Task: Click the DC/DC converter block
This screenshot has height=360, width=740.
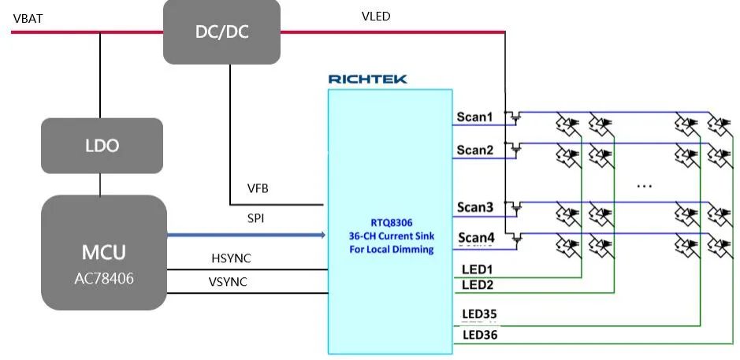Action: (221, 32)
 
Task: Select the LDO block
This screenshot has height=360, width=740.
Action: (102, 146)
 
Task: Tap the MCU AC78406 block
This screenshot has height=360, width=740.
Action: (103, 252)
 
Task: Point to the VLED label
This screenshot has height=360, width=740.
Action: (375, 17)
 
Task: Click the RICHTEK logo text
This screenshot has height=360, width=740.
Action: (368, 79)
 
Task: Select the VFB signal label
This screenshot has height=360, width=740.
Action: (259, 188)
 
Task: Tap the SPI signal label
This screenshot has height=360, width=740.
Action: (256, 218)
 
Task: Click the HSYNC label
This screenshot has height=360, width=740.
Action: (231, 258)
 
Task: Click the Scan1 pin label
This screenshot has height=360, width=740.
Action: (474, 117)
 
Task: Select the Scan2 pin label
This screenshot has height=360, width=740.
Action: (474, 150)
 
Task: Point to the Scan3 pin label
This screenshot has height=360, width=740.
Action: (475, 207)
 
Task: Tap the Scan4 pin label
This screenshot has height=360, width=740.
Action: (475, 237)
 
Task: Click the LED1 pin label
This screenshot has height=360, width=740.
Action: (477, 269)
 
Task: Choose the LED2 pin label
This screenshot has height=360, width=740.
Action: (477, 284)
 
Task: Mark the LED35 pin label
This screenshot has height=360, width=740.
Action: (479, 315)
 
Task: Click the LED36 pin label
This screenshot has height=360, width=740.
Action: (479, 335)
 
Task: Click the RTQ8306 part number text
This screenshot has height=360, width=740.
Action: (391, 222)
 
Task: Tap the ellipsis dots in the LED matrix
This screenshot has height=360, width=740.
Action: (644, 186)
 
